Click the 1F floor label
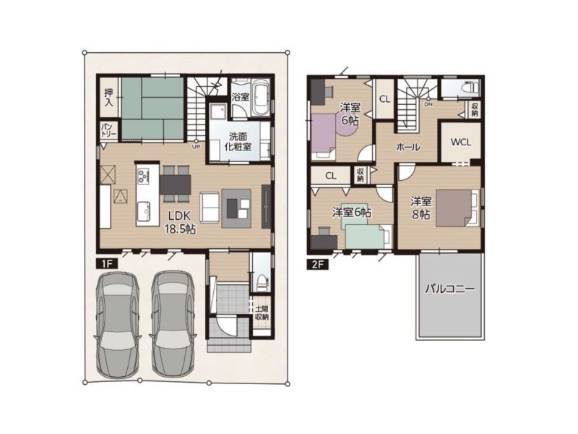coord(106,263)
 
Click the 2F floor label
coord(318,265)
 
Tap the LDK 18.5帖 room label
coord(179,222)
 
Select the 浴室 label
coord(241,97)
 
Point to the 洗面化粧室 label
coord(238,141)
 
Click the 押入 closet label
coord(108,98)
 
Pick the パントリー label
coord(109,130)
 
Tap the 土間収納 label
coord(262,313)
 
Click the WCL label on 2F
coord(461,142)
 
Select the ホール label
coord(408,148)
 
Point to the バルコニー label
coord(449,289)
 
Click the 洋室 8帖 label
coord(421,208)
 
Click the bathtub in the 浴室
coord(261,97)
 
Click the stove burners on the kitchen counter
coord(142,174)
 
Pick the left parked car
coord(118,324)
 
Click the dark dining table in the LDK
coord(175,184)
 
